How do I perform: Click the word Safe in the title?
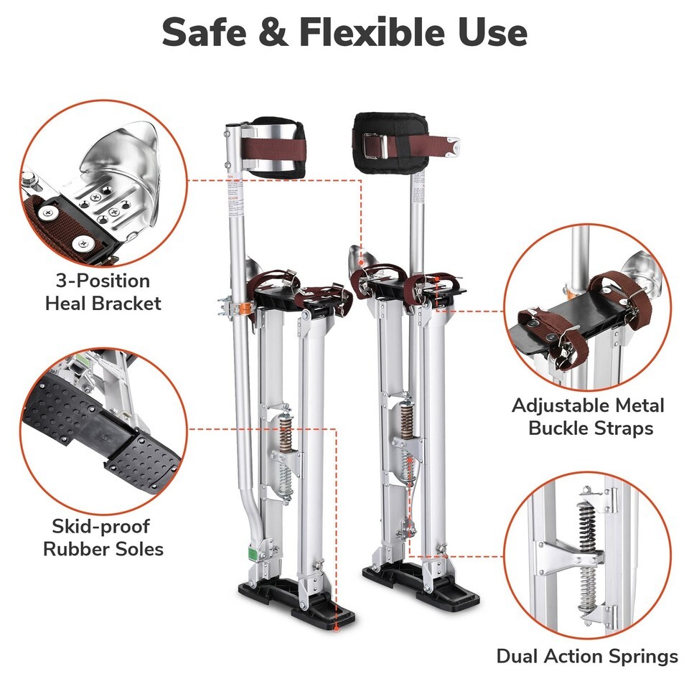point(204,32)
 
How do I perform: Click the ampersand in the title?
point(273,32)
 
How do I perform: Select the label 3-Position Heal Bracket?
point(103,292)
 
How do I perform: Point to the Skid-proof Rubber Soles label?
point(103,538)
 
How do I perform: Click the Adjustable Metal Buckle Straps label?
point(589,416)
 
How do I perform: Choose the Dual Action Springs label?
point(587,657)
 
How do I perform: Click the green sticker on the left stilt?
point(252,553)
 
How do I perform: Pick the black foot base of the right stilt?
point(421,582)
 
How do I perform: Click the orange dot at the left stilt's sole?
point(337,629)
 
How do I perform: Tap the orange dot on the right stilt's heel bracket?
point(361,263)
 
